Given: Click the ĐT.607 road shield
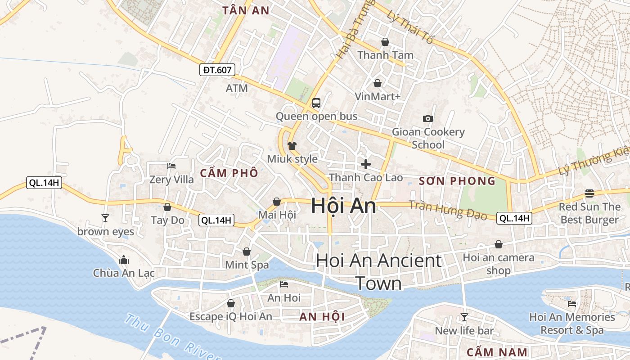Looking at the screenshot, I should pos(217,70).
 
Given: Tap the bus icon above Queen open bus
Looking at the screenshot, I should pos(316,103).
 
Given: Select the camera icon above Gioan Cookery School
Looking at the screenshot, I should pos(428,118).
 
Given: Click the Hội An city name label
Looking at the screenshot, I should pos(343,206).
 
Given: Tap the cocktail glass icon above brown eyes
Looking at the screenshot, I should pos(105,218).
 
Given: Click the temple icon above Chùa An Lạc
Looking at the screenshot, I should pos(124,260).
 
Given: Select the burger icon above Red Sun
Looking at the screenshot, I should pos(589,193).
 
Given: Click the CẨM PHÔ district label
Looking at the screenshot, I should pos(229,173).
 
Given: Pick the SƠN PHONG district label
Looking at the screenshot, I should pos(457,181).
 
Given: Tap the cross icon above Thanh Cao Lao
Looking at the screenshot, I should pos(366,164).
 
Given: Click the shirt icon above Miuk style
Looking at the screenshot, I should pos(292,146).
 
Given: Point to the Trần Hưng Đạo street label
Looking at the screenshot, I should pos(448,210).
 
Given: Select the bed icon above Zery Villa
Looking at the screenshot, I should pos(171,166).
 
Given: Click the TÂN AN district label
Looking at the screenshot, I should pos(246,11).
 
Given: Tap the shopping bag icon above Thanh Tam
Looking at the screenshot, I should pos(385,42).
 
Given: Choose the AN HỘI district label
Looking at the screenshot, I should pos(322,317).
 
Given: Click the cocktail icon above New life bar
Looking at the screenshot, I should pos(464,317).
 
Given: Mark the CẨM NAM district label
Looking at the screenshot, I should pos(496,352).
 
